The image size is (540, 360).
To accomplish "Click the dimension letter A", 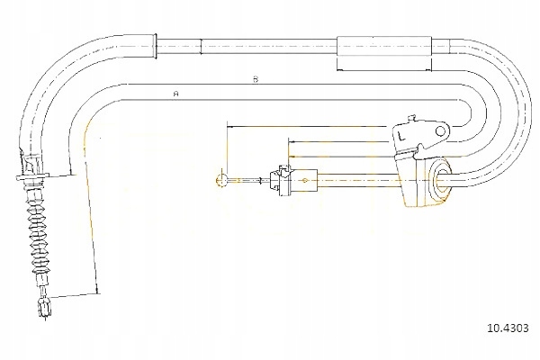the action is pyautogui.click(x=176, y=94).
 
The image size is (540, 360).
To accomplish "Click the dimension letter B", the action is pyautogui.click(x=256, y=79).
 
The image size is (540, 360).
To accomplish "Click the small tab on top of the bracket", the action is pyautogui.click(x=410, y=117).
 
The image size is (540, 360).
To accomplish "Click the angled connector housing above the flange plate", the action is pyautogui.click(x=34, y=163).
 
